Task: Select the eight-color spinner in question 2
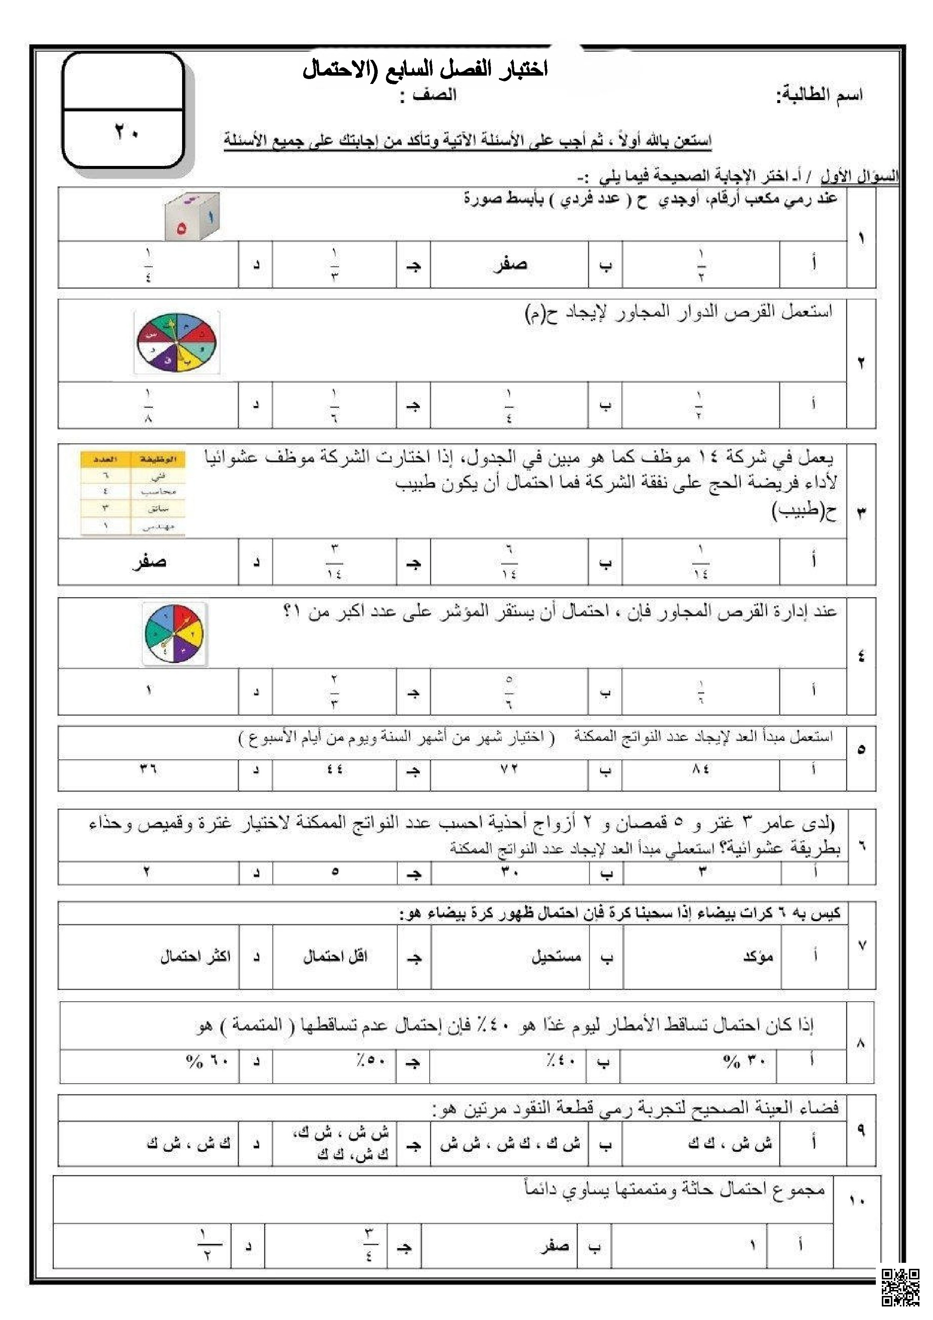pos(176,343)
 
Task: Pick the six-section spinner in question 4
pos(174,634)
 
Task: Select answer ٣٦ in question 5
pos(148,769)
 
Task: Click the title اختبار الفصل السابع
pos(425,70)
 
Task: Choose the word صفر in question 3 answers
pos(149,562)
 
